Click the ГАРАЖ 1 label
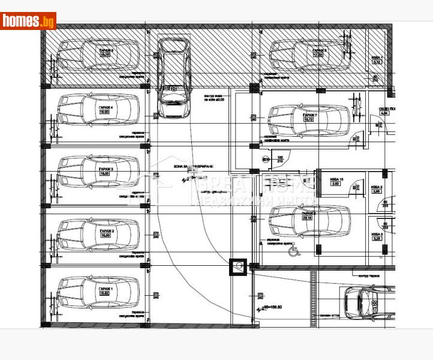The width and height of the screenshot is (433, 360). tap(106, 289)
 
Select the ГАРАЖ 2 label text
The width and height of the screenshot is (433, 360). tap(106, 231)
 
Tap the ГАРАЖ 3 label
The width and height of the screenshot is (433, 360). tap(106, 170)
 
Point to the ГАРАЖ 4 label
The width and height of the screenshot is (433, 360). tap(106, 108)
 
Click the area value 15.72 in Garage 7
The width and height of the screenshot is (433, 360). tap(309, 119)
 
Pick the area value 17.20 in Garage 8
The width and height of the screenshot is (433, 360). tap(318, 55)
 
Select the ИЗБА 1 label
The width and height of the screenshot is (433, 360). tap(377, 57)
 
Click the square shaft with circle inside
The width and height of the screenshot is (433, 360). tap(239, 266)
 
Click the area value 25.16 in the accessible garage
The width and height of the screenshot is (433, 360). tap(309, 218)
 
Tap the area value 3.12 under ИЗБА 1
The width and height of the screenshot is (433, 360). tap(377, 62)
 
